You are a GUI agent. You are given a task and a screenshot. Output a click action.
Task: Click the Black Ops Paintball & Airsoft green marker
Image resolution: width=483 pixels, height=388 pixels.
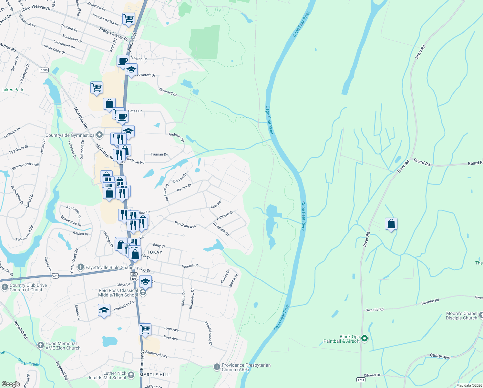tap(365, 339)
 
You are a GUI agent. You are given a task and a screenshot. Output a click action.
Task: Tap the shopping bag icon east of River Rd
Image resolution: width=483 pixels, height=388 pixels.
tap(391, 224)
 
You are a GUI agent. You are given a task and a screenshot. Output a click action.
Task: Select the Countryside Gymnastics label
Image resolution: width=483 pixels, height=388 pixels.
tap(70, 135)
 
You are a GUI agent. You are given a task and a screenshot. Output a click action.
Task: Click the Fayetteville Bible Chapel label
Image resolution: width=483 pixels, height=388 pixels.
tap(110, 267)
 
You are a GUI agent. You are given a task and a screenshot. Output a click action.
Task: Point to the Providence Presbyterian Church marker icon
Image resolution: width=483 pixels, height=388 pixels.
tap(217, 367)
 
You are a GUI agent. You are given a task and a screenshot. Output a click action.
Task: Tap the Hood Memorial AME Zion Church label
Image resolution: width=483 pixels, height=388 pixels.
tap(63, 346)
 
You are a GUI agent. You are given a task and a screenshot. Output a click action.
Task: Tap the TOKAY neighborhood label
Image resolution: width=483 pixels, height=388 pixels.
tap(155, 252)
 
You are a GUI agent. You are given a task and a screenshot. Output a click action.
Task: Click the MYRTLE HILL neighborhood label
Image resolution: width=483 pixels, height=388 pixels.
tap(155, 375)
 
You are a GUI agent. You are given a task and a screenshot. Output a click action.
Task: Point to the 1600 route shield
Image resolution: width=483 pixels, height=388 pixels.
tap(44, 70)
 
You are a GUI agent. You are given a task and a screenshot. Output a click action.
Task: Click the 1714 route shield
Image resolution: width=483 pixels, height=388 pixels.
tap(361, 380)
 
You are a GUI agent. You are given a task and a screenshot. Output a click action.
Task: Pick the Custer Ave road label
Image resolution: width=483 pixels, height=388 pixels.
tap(440, 356)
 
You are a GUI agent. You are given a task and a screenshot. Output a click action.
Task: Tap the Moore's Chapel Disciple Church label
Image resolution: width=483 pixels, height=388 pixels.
tap(461, 316)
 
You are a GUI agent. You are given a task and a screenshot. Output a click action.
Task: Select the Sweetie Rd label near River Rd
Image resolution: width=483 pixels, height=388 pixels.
tap(375, 310)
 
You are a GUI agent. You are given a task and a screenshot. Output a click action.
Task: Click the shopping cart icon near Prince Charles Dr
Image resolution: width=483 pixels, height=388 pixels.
tap(128, 18)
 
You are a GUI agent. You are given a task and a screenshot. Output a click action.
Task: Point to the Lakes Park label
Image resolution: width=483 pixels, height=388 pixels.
tap(12, 90)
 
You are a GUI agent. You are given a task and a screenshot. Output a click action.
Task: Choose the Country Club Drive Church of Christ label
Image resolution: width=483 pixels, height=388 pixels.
tap(28, 287)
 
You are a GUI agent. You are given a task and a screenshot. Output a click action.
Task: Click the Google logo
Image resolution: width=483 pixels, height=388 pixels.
tap(11, 384)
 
